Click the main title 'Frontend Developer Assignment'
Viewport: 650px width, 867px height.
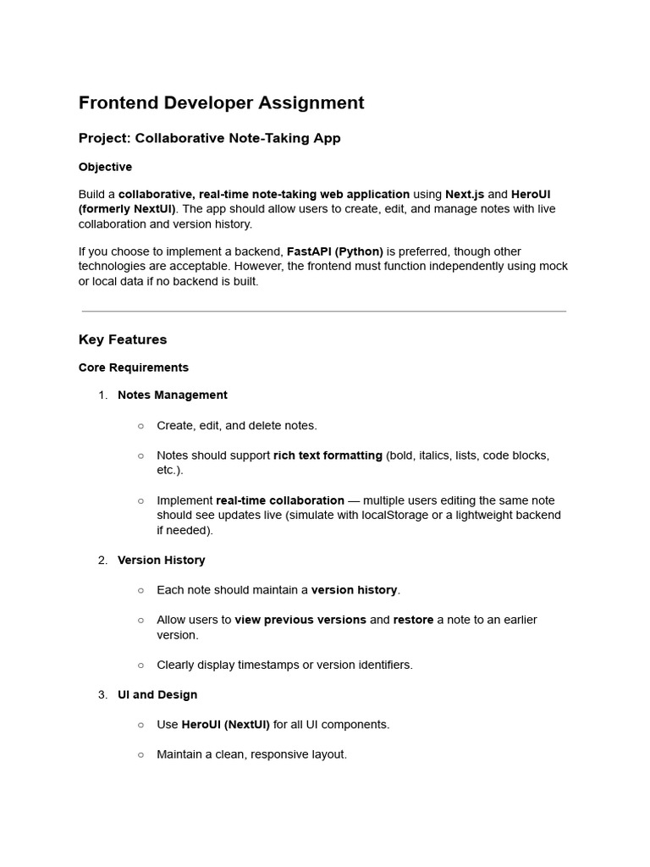pyautogui.click(x=221, y=102)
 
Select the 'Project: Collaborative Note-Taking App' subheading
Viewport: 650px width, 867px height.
pyautogui.click(x=209, y=138)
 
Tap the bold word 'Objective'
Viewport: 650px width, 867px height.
pyautogui.click(x=105, y=167)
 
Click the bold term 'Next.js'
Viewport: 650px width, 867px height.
pyautogui.click(x=465, y=194)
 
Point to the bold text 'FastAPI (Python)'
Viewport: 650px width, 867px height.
pyautogui.click(x=335, y=251)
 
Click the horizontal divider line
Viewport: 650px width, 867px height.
pyautogui.click(x=324, y=311)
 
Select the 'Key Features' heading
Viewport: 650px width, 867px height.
pyautogui.click(x=123, y=340)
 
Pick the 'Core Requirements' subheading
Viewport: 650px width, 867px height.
pyautogui.click(x=134, y=367)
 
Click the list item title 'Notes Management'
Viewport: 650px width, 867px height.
pyautogui.click(x=173, y=395)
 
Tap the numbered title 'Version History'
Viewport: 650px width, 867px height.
pyautogui.click(x=161, y=560)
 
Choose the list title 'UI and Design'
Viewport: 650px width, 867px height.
pyautogui.click(x=157, y=694)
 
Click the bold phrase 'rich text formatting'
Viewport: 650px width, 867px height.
pyautogui.click(x=328, y=456)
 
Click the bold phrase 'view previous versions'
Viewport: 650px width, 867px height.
pyautogui.click(x=300, y=620)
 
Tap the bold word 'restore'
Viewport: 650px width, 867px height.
pyautogui.click(x=413, y=620)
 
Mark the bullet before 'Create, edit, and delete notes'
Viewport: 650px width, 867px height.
pyautogui.click(x=140, y=425)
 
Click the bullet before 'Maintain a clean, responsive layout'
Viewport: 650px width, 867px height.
pyautogui.click(x=140, y=754)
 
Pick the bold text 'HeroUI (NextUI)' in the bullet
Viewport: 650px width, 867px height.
pyautogui.click(x=225, y=725)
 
